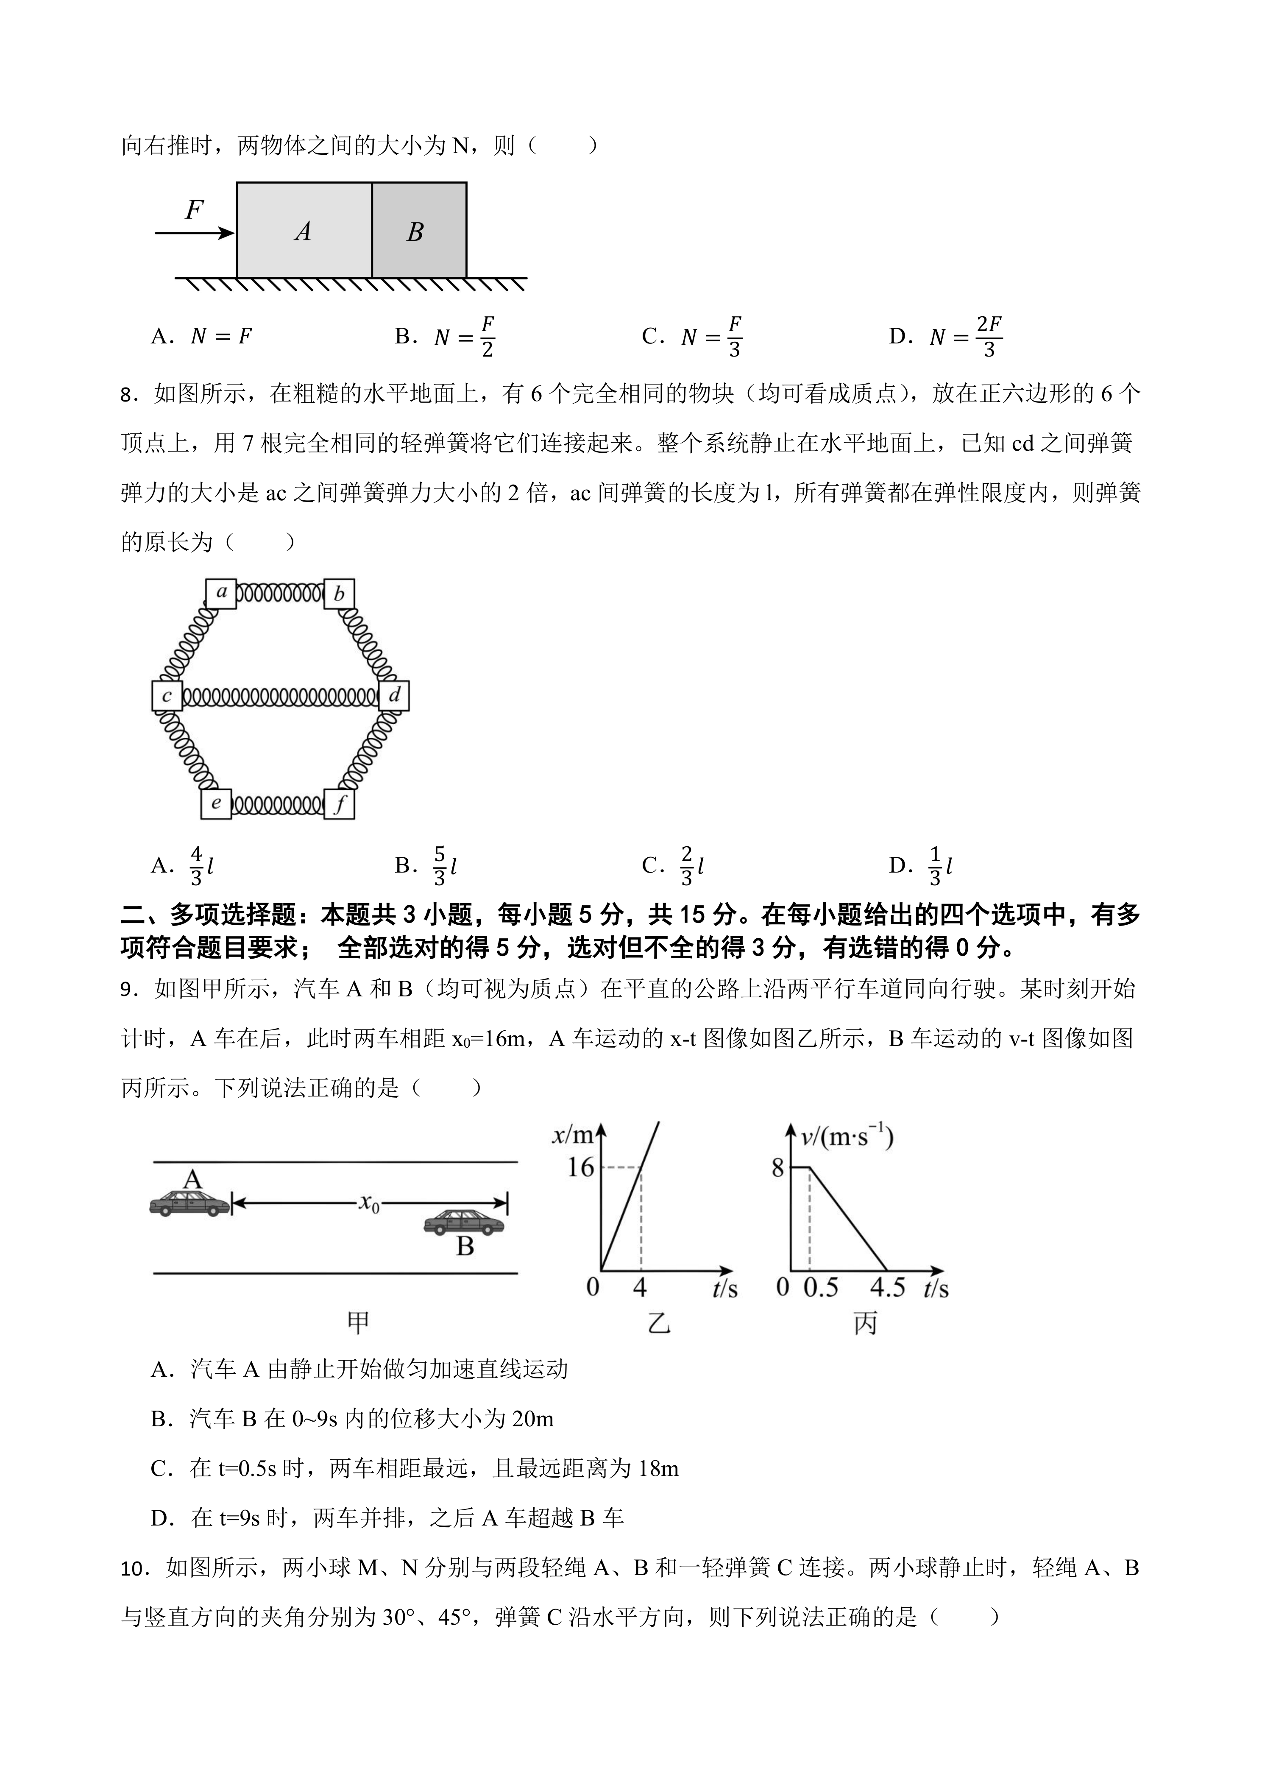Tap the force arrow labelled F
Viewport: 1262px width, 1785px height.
[x=194, y=231]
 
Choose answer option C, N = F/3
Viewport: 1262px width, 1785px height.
[x=691, y=337]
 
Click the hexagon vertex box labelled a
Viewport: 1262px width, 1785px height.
[x=221, y=593]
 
